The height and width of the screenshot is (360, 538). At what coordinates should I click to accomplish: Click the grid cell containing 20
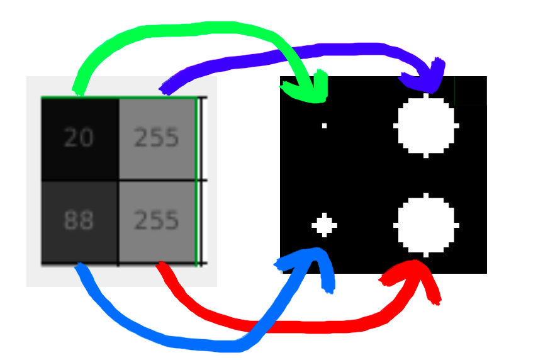click(x=79, y=138)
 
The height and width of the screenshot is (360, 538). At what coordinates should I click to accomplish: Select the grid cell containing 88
click(x=79, y=222)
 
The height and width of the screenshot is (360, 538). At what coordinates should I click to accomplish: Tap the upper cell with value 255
click(x=157, y=138)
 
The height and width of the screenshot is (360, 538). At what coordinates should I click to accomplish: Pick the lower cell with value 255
click(x=157, y=222)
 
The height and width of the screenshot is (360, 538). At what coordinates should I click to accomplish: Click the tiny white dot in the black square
click(x=324, y=126)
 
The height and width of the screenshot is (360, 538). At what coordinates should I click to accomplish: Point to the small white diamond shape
click(x=324, y=225)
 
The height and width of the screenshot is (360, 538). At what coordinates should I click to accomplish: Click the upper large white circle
click(x=426, y=126)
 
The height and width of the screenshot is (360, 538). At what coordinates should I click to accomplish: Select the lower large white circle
click(x=426, y=225)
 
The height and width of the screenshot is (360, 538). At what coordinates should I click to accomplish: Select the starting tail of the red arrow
click(x=161, y=267)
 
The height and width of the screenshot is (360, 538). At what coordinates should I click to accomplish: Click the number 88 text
click(x=79, y=221)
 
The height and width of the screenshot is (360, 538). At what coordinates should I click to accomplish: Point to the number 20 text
click(x=79, y=138)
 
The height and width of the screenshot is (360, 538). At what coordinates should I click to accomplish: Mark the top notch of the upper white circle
click(x=426, y=96)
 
